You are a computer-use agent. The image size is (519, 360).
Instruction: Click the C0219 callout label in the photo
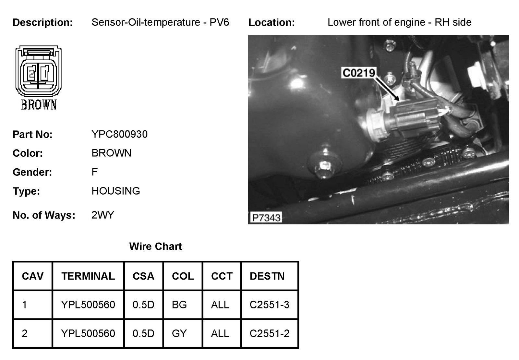(358, 73)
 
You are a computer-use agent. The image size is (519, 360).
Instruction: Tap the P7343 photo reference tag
(266, 217)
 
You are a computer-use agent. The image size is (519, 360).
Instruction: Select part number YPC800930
(119, 134)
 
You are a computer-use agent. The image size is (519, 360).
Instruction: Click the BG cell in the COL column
(179, 305)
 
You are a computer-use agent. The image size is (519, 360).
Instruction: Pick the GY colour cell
(179, 333)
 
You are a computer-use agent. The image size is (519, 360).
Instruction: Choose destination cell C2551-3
(269, 305)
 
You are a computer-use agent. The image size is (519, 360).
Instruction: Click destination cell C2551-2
(269, 333)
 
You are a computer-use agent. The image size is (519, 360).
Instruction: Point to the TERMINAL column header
(88, 276)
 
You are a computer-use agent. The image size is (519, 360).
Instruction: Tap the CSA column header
(143, 276)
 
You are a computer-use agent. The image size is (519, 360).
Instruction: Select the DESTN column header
(267, 276)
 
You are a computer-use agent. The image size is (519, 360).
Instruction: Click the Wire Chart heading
(155, 246)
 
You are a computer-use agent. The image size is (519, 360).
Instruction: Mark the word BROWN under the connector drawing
(39, 105)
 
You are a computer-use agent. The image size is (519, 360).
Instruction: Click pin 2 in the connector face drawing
(32, 74)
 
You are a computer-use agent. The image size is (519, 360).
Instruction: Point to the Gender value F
(94, 172)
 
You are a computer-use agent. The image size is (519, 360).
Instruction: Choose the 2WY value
(103, 215)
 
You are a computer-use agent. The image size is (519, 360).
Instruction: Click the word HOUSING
(115, 191)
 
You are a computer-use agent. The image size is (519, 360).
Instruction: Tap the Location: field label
(272, 22)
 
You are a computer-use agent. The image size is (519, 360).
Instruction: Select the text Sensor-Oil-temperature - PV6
(160, 22)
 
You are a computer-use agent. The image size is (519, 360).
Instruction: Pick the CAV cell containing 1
(25, 305)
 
